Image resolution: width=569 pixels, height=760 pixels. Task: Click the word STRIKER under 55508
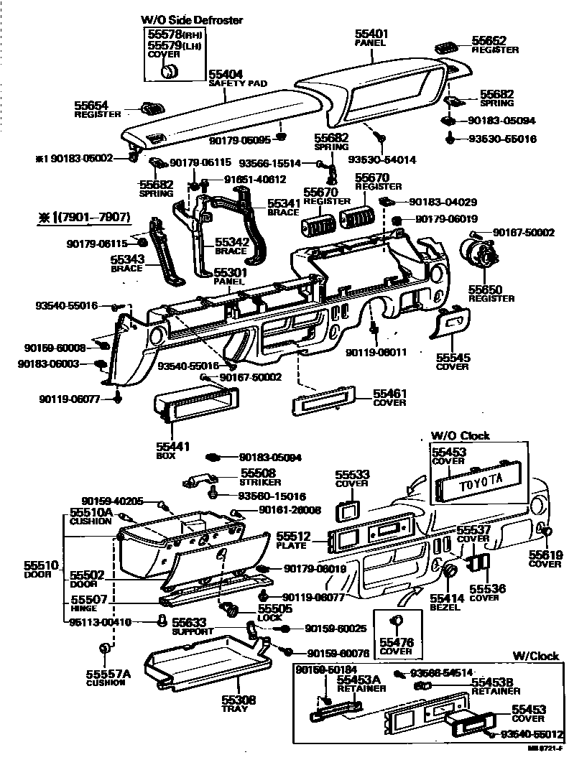click(261, 482)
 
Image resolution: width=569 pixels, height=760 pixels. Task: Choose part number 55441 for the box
click(172, 446)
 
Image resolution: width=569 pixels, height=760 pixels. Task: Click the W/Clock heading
click(535, 655)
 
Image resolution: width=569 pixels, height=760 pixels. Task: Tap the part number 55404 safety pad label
click(226, 74)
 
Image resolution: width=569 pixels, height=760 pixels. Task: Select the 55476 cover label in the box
click(397, 643)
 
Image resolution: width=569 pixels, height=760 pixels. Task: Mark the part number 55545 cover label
click(453, 356)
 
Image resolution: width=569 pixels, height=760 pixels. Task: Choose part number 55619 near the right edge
click(546, 555)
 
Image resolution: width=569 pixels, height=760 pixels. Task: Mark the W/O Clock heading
click(460, 436)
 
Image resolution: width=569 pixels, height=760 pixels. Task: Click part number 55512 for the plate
click(293, 535)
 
